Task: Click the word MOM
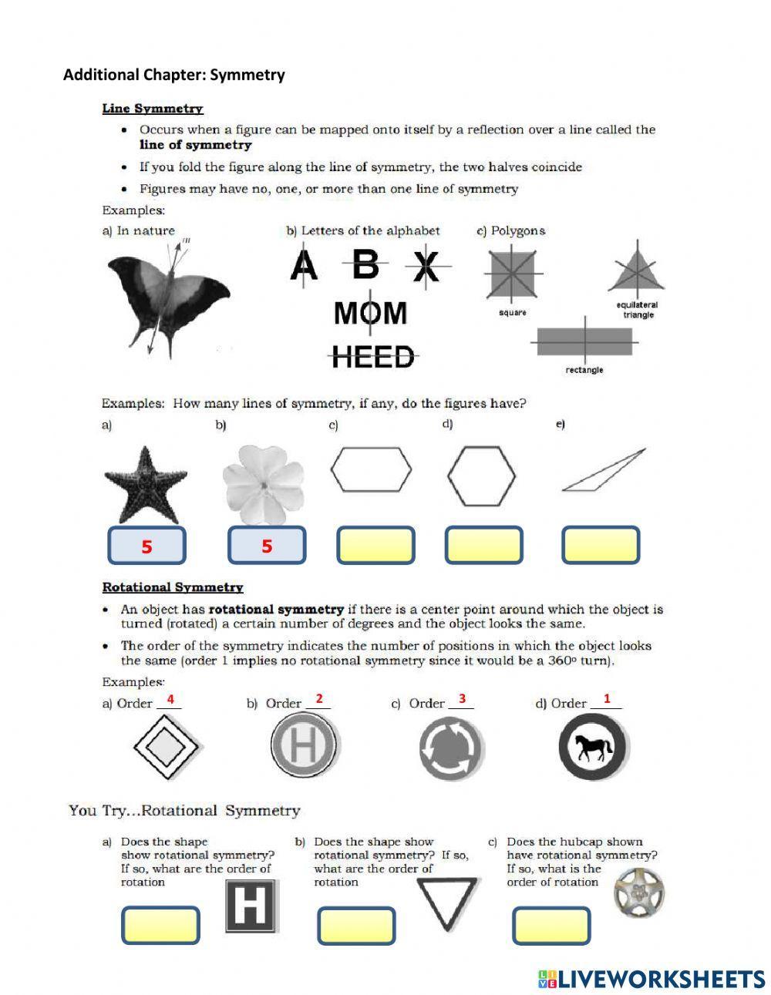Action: [370, 313]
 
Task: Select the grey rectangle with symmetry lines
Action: [584, 339]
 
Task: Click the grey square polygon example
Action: [513, 274]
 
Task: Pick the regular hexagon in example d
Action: [482, 476]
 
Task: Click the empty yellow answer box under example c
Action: [375, 546]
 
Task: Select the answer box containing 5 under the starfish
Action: [146, 546]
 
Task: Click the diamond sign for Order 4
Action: [167, 747]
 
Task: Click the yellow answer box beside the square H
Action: [160, 925]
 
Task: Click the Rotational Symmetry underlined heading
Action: [173, 587]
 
